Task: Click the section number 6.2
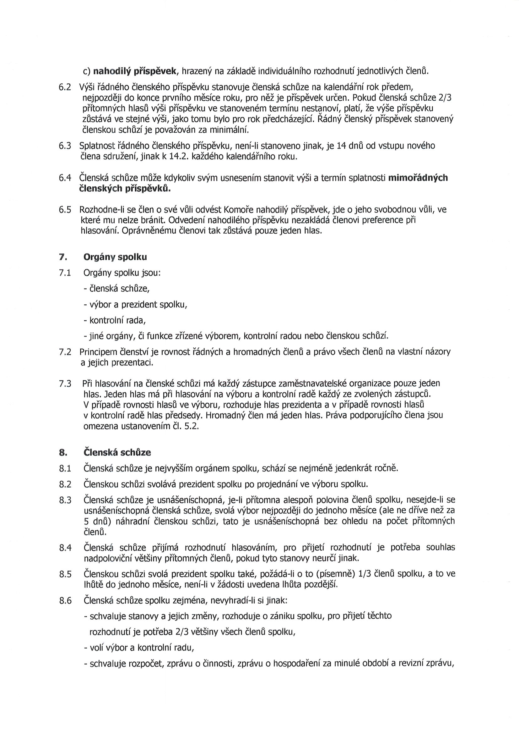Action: tap(65, 87)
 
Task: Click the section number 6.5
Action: tap(65, 210)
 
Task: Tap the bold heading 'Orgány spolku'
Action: tap(115, 257)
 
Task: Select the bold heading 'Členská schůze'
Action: tap(117, 453)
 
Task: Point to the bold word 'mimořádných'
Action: tap(418, 178)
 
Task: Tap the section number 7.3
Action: tap(65, 384)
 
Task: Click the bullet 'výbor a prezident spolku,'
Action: tap(135, 304)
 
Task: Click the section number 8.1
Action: tap(65, 469)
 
